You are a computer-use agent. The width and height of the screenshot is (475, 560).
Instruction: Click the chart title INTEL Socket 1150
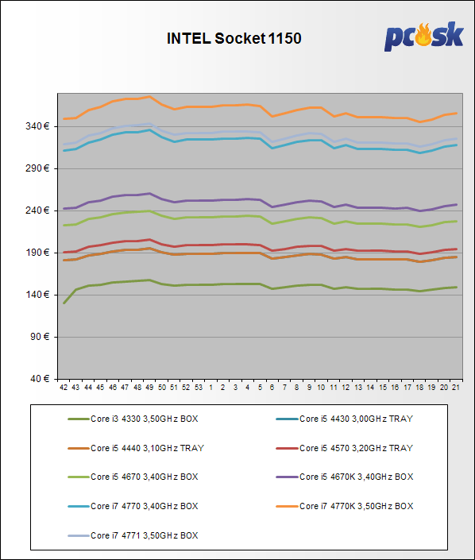coord(234,39)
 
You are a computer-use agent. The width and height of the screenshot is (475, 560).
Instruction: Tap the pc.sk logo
coord(424,36)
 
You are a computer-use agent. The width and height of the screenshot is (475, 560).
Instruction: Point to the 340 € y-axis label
coord(37,126)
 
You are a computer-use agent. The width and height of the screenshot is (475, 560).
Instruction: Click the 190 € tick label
coord(37,253)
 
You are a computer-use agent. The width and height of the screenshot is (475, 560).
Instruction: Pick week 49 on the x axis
coord(149,388)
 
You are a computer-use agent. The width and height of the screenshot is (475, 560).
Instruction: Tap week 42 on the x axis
coord(64,388)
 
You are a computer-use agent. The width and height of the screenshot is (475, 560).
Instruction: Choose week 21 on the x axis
coord(456,388)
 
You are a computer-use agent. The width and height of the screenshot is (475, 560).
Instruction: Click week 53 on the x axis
coord(199,388)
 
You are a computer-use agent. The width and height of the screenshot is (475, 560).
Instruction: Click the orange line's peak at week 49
coord(149,96)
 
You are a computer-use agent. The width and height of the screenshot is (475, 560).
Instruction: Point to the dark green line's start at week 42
coord(64,303)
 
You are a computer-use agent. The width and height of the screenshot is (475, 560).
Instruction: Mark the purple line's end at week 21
coord(456,205)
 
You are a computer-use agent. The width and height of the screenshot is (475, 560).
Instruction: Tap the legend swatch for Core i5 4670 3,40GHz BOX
coord(79,477)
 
